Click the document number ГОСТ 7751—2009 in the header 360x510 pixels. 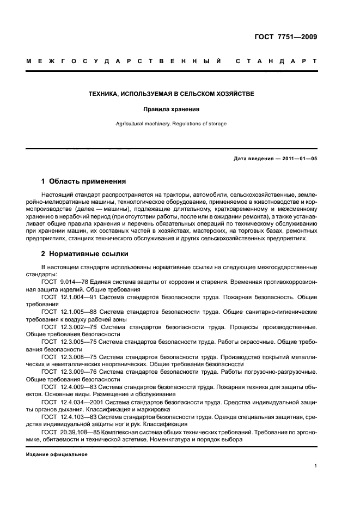click(285, 38)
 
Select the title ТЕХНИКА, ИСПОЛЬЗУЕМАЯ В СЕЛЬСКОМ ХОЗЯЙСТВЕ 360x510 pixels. click(171, 94)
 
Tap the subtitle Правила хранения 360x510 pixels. click(171, 109)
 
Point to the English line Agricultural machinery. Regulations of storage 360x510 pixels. click(171, 124)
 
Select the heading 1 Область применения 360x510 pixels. click(83, 181)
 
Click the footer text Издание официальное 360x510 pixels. click(57, 453)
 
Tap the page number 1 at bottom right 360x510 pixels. click(315, 466)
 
